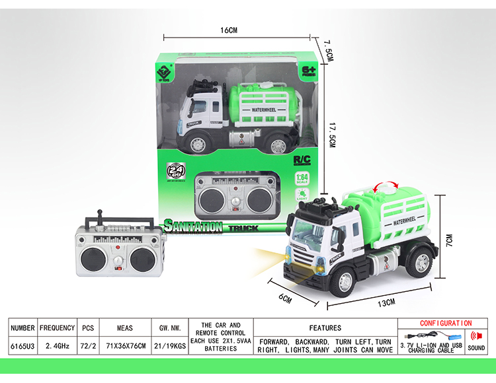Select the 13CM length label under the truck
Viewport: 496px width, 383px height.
tap(386, 302)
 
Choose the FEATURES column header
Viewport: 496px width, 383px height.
tap(325, 328)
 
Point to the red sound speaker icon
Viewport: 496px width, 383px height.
tap(475, 335)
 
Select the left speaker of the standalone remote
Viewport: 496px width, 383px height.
tap(91, 258)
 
